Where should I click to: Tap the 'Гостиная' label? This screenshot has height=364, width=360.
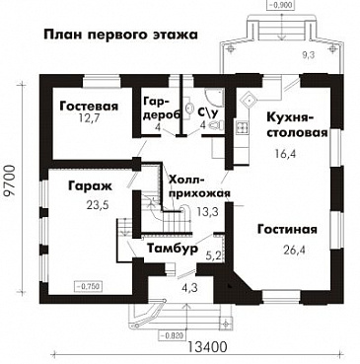287,230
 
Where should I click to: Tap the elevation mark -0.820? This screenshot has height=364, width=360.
169,332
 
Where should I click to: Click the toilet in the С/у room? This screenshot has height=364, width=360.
212,134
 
